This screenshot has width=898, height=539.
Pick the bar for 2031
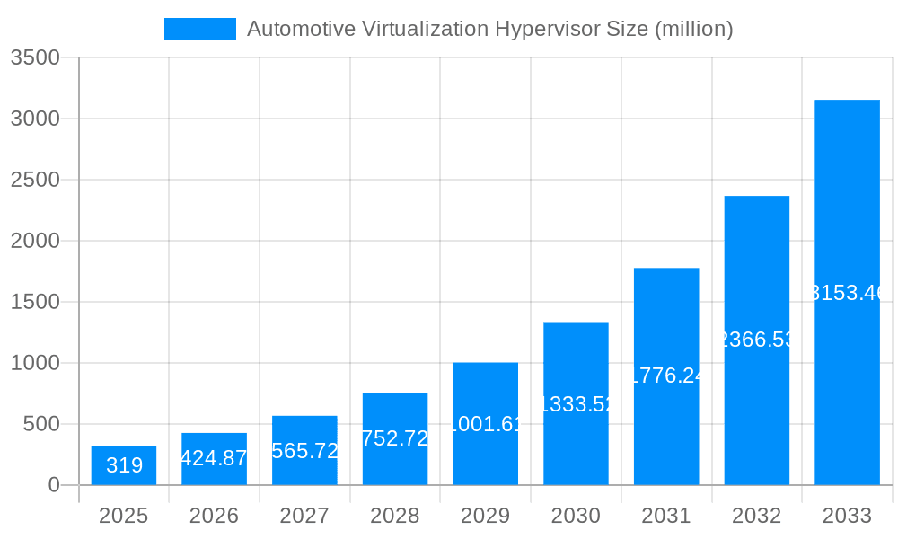(666, 376)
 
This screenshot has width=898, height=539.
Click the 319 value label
(124, 465)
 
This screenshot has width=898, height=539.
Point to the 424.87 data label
(214, 458)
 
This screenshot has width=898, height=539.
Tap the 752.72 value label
(395, 438)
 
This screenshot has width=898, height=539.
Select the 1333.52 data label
(576, 404)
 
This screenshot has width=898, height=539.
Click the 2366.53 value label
(757, 340)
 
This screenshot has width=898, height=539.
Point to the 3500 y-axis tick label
(35, 58)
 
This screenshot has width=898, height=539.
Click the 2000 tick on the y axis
(35, 241)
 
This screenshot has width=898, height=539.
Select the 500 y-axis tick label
(40, 424)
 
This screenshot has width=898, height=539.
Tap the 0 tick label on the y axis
(53, 485)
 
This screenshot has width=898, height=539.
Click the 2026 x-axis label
(214, 516)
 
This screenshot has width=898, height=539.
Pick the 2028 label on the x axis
(395, 516)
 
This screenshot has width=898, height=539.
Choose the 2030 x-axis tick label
(576, 516)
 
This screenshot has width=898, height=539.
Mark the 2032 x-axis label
(757, 516)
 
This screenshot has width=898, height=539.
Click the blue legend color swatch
(199, 29)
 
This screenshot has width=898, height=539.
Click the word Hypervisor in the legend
(547, 30)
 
